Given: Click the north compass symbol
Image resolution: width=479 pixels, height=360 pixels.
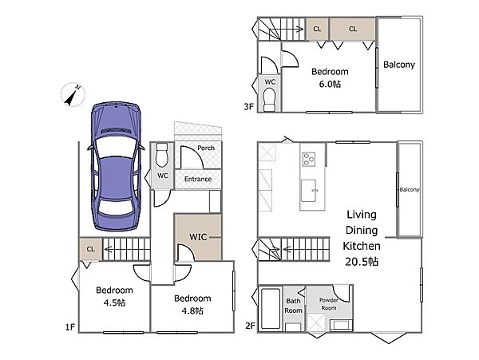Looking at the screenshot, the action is tap(73, 95).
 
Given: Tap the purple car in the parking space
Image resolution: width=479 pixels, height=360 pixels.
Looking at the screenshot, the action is tap(116, 166).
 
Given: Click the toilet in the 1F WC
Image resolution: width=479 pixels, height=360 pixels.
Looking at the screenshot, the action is tap(161, 155).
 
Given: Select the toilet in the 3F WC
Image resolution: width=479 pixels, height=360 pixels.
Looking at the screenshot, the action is tap(270, 100).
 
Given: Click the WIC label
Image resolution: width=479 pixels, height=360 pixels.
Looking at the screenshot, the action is tap(198, 237).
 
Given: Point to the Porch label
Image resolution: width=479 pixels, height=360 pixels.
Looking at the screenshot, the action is tap(206, 148).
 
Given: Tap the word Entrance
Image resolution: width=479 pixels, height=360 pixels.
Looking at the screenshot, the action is tap(198, 179).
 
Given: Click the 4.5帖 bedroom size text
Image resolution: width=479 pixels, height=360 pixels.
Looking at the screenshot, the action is tap(114, 303).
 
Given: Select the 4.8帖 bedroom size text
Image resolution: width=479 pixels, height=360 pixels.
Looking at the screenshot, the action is tap(192, 311).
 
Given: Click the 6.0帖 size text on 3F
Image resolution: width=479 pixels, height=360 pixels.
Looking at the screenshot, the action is tap(330, 84).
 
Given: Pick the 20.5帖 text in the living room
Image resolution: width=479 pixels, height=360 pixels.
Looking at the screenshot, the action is tap(362, 262).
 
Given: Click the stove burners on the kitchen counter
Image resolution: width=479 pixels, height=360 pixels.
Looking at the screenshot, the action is tap(309, 159).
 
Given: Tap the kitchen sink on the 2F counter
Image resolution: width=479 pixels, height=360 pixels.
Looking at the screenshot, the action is tap(308, 191).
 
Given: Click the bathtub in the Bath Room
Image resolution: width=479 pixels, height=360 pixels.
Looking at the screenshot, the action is tap(271, 308).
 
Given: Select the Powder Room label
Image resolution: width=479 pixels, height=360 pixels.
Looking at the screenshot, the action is tap(329, 304).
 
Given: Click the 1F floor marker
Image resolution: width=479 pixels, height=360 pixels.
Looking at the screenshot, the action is tap(70, 327).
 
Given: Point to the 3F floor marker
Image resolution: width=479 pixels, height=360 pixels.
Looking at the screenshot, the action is tap(248, 107).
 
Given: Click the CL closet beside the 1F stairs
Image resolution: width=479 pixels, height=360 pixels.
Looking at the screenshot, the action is tap(91, 249).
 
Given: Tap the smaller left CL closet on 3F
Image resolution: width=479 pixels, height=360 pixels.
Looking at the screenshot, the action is tap(317, 29).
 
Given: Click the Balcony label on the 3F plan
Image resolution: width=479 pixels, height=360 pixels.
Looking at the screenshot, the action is tap(399, 65).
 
